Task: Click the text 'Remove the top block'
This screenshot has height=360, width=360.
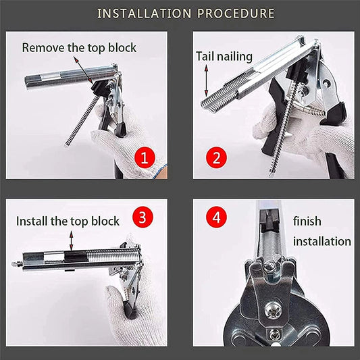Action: pos(79,47)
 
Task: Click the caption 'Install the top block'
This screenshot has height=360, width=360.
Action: pos(68,221)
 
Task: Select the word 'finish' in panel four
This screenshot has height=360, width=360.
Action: pos(307,221)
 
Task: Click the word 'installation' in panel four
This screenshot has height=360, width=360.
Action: pos(322,241)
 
